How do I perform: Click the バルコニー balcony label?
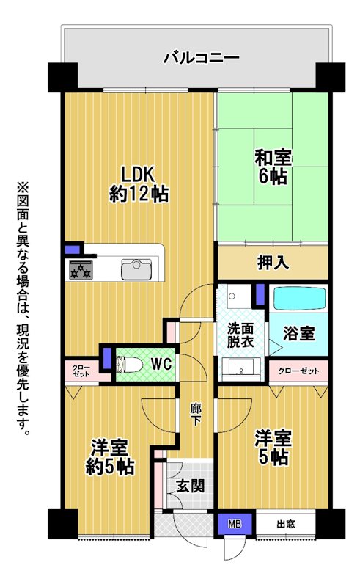click(x=201, y=59)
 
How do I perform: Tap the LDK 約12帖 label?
click(x=139, y=184)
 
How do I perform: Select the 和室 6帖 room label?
click(x=273, y=167)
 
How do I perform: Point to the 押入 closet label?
click(x=273, y=263)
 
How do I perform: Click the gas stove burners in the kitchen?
click(x=81, y=270)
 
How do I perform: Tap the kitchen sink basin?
click(x=136, y=269)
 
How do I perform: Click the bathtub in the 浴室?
click(x=299, y=298)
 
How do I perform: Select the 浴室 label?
click(x=298, y=333)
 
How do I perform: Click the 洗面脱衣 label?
click(x=240, y=335)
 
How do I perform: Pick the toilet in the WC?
click(x=129, y=365)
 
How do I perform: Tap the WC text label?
click(x=161, y=364)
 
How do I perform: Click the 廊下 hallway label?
click(x=196, y=415)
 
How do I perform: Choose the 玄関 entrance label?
click(x=191, y=486)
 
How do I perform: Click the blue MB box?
click(x=235, y=524)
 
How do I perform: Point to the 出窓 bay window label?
click(x=286, y=524)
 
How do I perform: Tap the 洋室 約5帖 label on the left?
click(x=110, y=457)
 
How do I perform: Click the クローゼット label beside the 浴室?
click(x=298, y=371)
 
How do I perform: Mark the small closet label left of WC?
click(x=81, y=371)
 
